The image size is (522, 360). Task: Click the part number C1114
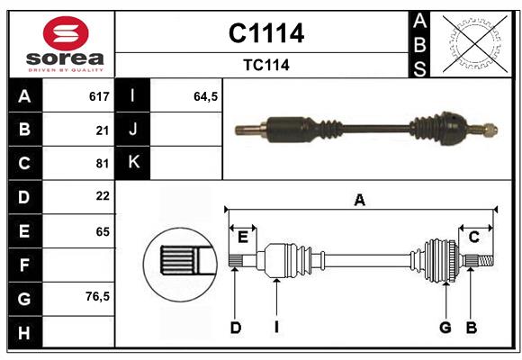[x=265, y=33]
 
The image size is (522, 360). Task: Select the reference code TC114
[x=265, y=65]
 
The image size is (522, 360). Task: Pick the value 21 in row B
[x=102, y=130]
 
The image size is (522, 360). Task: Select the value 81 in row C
[x=102, y=164]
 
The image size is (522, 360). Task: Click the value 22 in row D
[x=102, y=196]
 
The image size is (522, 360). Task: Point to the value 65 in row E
[x=102, y=231]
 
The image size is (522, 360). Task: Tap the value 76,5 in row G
[x=97, y=296]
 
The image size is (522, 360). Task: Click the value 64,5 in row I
[x=206, y=96]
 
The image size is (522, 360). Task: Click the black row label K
[x=134, y=163]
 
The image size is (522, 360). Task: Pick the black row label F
[x=24, y=265]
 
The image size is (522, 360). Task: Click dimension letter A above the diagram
[x=359, y=201]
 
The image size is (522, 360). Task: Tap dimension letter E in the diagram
[x=242, y=237]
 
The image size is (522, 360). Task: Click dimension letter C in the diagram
[x=473, y=237]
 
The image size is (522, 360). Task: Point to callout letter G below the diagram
[x=445, y=328]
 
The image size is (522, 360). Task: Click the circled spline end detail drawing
[x=180, y=262]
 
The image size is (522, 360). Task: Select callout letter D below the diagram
[x=235, y=328]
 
